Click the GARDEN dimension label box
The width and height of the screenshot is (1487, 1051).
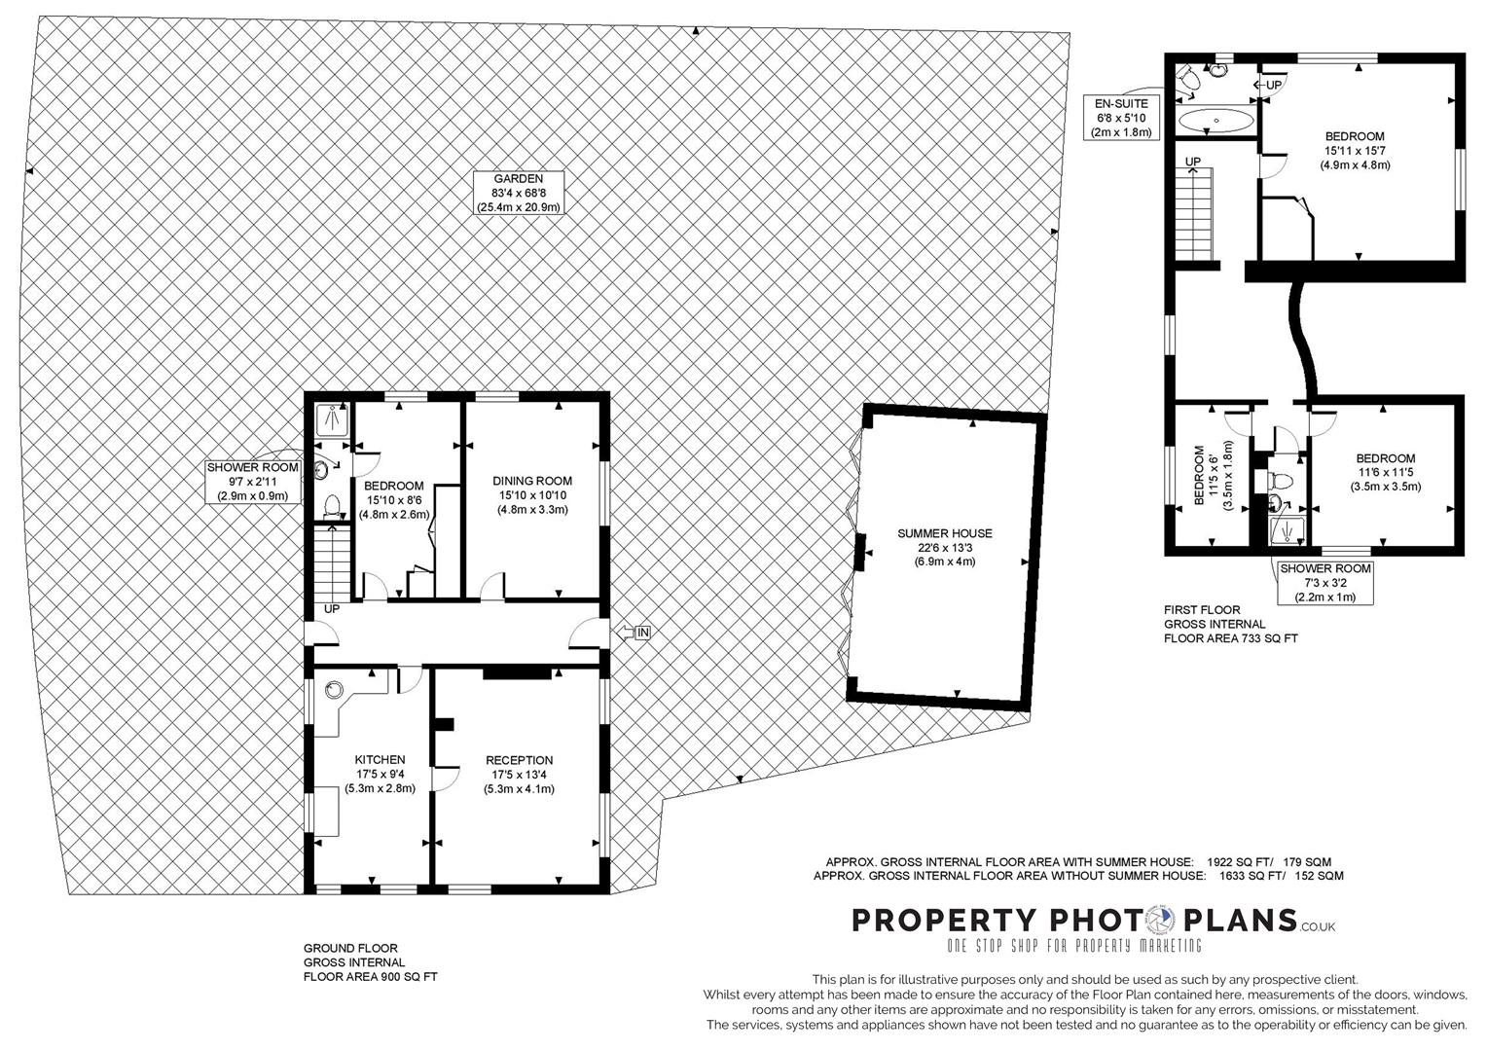pyautogui.click(x=518, y=193)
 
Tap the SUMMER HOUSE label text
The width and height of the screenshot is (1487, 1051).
pyautogui.click(x=944, y=547)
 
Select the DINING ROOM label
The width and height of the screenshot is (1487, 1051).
pyautogui.click(x=532, y=494)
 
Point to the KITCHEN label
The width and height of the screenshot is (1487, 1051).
pyautogui.click(x=380, y=774)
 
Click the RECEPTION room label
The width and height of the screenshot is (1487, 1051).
pyautogui.click(x=519, y=775)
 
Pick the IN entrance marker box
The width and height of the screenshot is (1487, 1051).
pyautogui.click(x=642, y=634)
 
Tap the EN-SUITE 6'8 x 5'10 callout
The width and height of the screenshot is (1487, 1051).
pyautogui.click(x=1121, y=118)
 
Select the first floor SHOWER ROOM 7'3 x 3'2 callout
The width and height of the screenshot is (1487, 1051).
pyautogui.click(x=1324, y=583)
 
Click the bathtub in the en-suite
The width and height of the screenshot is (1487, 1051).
pyautogui.click(x=1215, y=122)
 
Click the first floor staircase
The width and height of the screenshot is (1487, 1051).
pyautogui.click(x=1194, y=214)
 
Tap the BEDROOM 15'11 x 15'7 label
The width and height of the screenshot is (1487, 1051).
pyautogui.click(x=1355, y=151)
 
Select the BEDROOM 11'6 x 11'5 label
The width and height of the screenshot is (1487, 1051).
pyautogui.click(x=1385, y=472)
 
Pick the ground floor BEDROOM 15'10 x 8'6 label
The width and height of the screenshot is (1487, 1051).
pyautogui.click(x=393, y=500)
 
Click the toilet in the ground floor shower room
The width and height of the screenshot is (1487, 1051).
pyautogui.click(x=332, y=504)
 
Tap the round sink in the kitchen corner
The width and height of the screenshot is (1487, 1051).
pyautogui.click(x=335, y=690)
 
